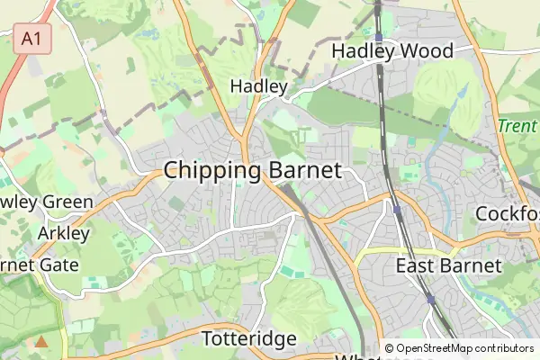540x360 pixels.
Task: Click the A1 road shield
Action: [33, 39]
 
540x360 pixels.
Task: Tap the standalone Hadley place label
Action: [258, 86]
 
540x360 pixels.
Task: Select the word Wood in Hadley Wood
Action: [422, 51]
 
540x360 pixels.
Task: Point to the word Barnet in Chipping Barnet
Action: [304, 171]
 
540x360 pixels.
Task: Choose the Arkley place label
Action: [65, 234]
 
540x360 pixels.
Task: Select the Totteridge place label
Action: [249, 339]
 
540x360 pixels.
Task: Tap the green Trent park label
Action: [517, 127]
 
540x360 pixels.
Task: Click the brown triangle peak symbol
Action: [40, 342]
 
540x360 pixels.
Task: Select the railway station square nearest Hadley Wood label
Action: [380, 37]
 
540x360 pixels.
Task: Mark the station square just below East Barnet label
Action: [430, 299]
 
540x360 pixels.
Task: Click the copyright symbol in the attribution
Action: [389, 347]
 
